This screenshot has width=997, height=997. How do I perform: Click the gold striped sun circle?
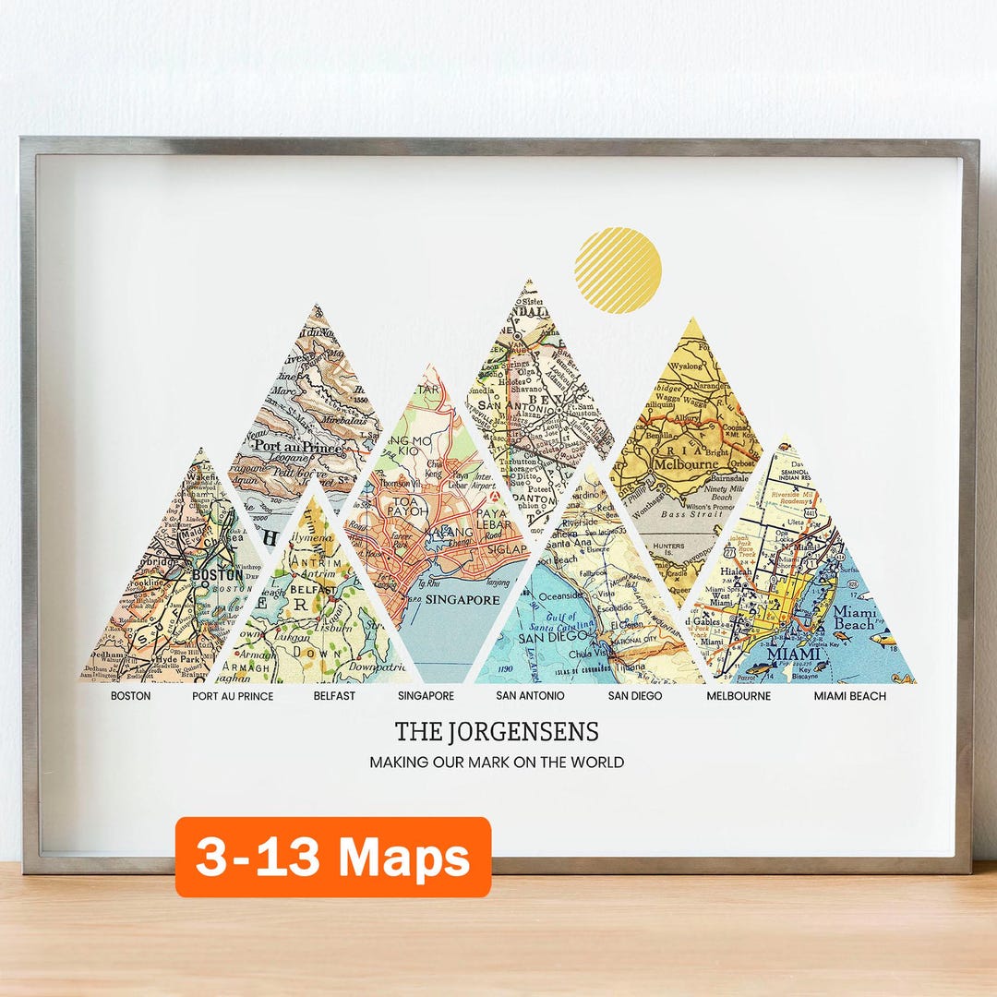click(618, 270)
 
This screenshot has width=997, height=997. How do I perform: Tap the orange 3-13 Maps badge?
click(333, 858)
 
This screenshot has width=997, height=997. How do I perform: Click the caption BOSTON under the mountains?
click(130, 696)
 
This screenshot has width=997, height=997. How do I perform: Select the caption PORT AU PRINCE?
click(233, 696)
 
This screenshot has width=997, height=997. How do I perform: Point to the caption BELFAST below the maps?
click(334, 696)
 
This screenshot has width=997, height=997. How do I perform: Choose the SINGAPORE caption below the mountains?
click(426, 696)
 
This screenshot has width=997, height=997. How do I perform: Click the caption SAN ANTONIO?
click(530, 696)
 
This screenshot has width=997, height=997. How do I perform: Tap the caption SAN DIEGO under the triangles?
click(634, 696)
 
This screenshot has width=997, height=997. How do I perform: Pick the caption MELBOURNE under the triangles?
click(739, 696)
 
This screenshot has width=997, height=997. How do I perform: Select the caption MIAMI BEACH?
click(849, 696)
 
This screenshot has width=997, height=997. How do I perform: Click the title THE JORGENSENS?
click(497, 732)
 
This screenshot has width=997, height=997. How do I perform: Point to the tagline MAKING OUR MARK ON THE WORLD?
click(497, 763)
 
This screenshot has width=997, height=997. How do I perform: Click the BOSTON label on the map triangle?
click(218, 574)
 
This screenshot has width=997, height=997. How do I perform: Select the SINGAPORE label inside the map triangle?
click(463, 600)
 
